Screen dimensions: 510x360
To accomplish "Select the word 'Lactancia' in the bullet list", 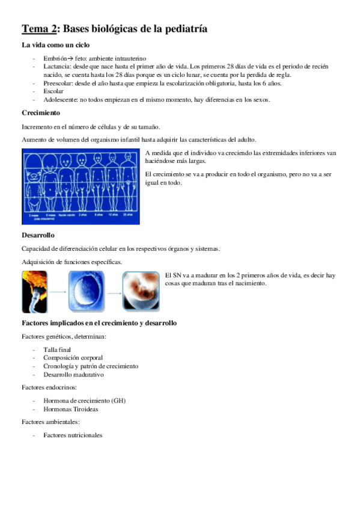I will (x=56, y=66).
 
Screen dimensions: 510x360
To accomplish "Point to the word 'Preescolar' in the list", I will (x=58, y=83).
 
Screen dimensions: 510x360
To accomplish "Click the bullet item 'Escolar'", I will (x=53, y=91).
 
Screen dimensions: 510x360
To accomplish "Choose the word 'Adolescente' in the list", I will (x=60, y=100).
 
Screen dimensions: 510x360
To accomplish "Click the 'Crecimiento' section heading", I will (x=41, y=112).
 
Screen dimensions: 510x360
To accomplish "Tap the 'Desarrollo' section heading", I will (x=39, y=235).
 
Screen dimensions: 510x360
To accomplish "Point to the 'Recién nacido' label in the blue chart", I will (x=66, y=214).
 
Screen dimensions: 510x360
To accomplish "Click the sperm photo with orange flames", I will (x=35, y=292).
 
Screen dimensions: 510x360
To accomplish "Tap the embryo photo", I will (x=141, y=292).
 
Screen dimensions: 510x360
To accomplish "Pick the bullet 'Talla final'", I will (x=57, y=349).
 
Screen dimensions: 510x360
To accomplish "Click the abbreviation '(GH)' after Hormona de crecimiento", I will (x=118, y=401).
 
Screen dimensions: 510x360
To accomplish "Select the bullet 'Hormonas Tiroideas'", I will (x=70, y=409).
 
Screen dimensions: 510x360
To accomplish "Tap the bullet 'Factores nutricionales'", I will (x=73, y=435).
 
